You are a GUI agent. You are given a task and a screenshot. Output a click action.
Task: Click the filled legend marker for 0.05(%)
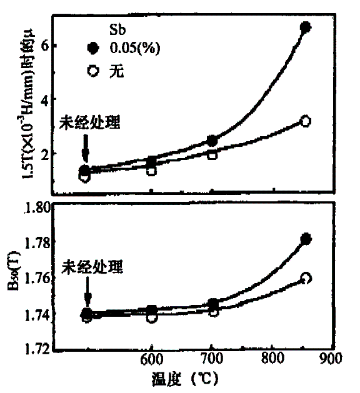[94, 47]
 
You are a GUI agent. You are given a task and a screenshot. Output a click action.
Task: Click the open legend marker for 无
[94, 71]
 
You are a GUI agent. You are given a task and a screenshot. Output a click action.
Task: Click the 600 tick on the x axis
[151, 361]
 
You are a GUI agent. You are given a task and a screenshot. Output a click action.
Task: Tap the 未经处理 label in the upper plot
[90, 123]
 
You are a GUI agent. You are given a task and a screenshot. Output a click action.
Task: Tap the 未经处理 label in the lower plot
[92, 267]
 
